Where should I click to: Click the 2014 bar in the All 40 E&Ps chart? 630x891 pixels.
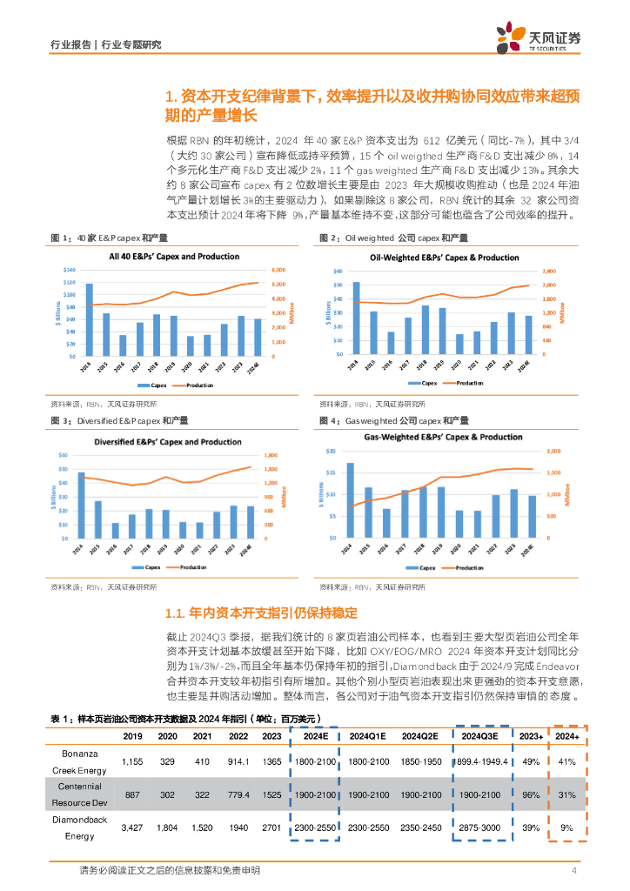(90, 309)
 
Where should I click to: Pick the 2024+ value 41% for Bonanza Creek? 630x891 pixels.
(567, 761)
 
